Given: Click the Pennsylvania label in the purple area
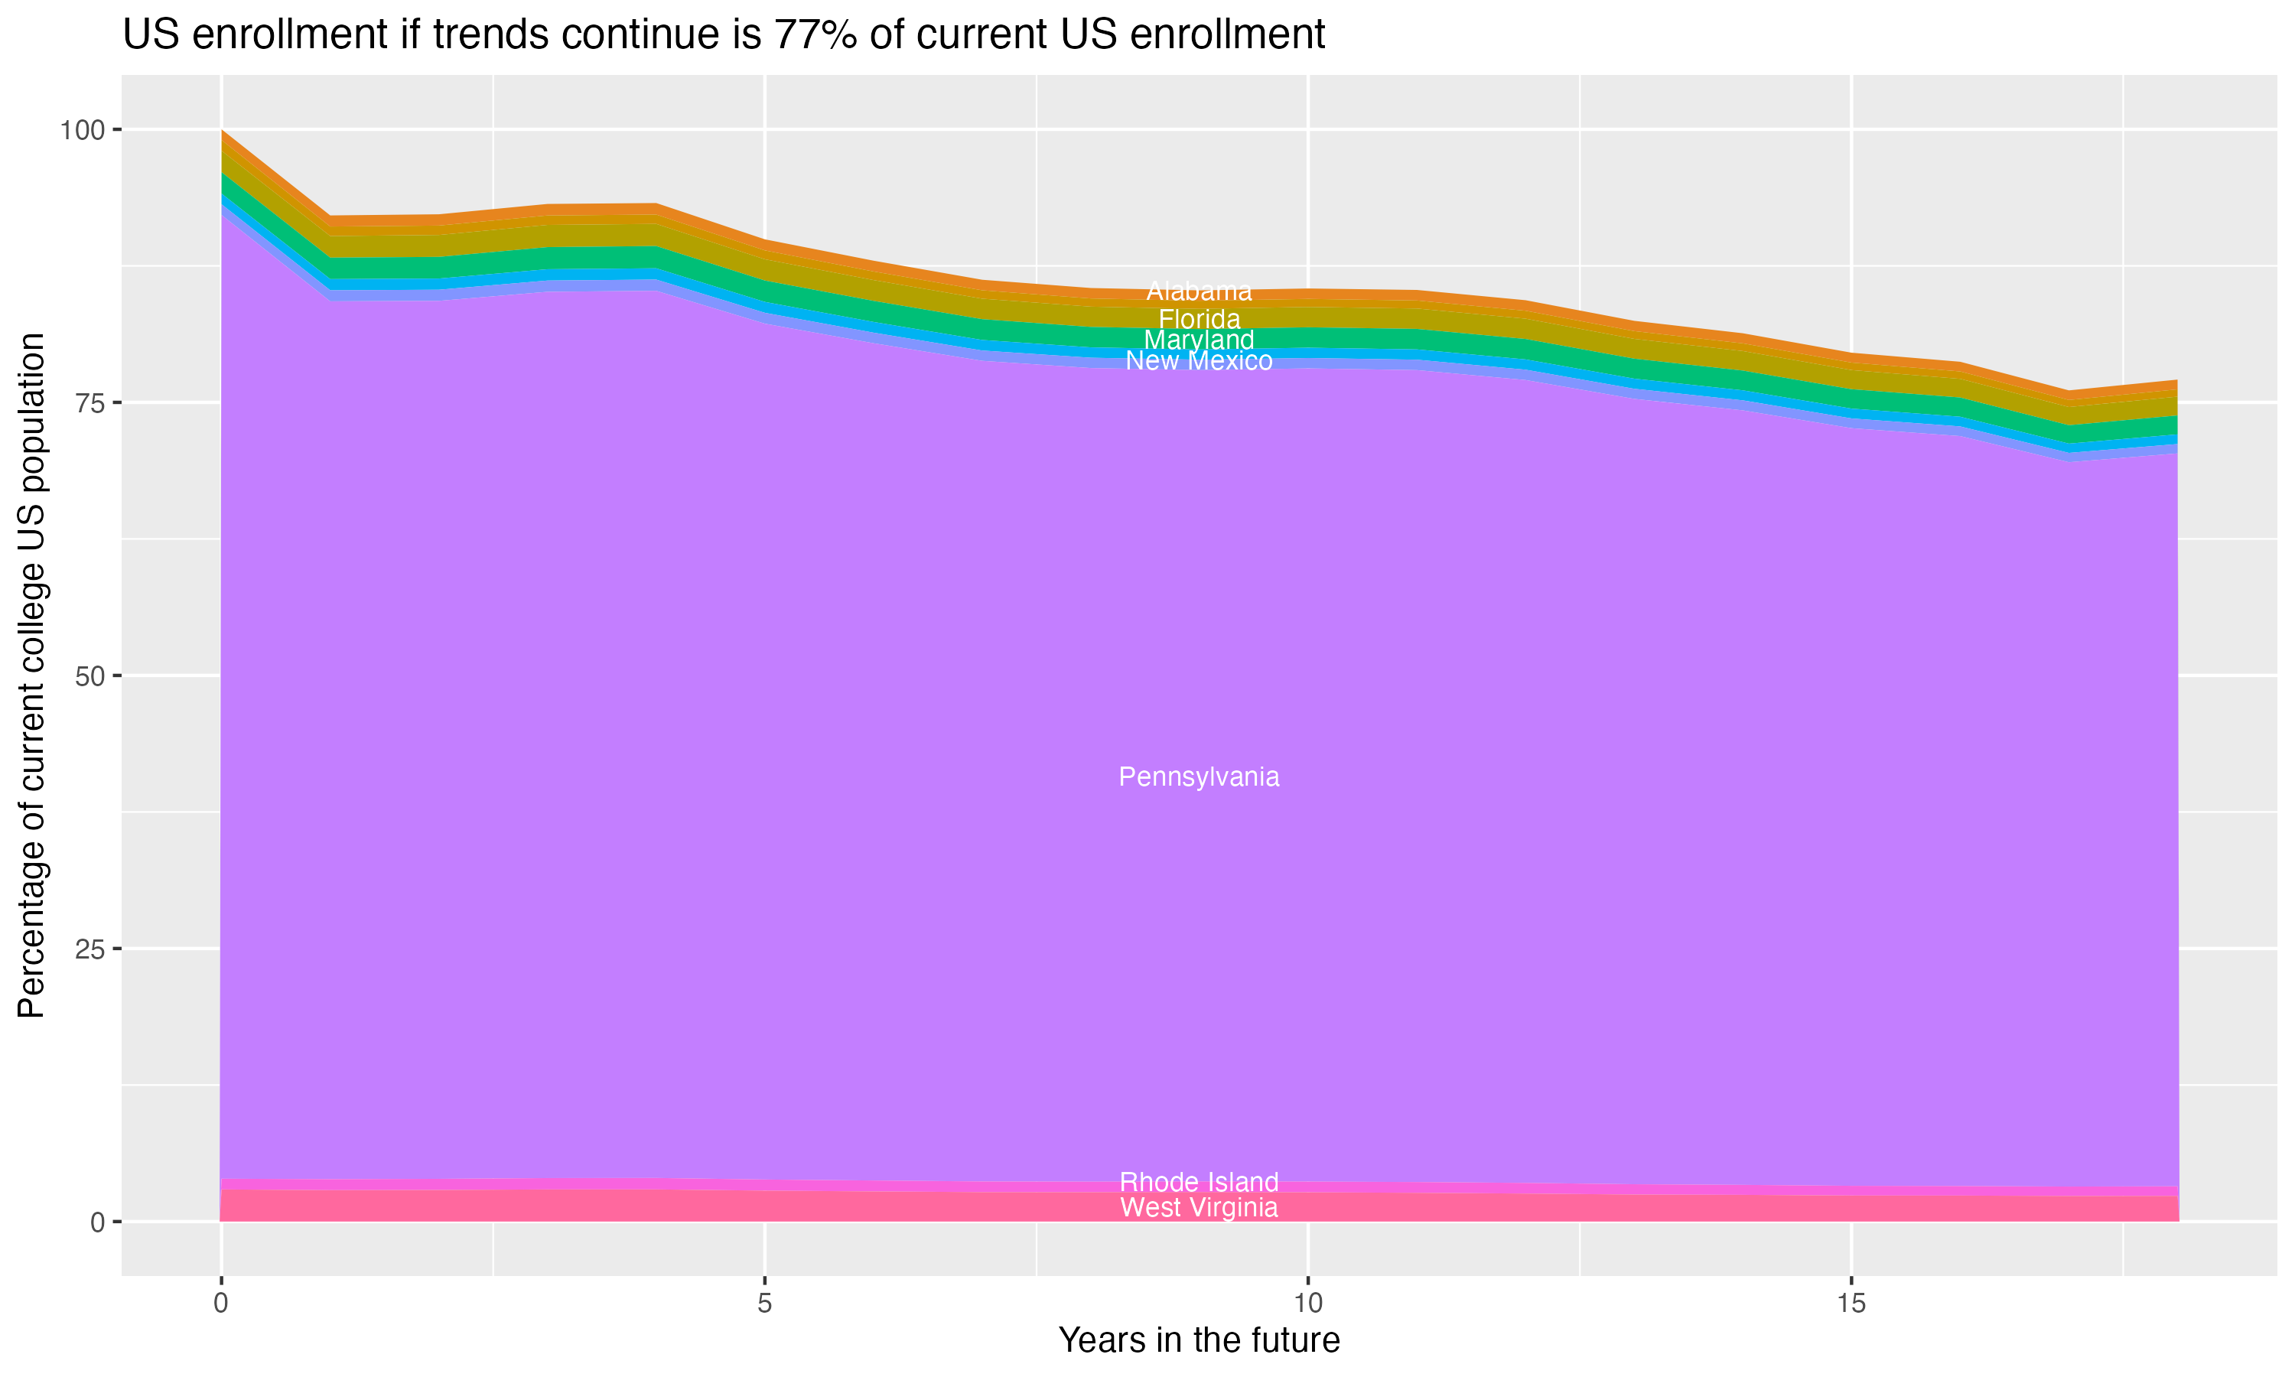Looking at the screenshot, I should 1199,776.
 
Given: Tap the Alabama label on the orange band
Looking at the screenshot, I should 1199,291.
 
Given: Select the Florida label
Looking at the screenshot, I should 1199,319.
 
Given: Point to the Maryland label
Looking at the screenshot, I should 1199,340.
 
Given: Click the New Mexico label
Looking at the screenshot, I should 1199,361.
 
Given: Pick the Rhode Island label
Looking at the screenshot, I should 1199,1182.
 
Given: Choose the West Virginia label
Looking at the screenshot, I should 1199,1207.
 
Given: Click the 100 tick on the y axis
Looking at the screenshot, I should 83,130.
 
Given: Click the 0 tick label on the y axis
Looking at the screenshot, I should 97,1222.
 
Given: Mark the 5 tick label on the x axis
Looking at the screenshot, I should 764,1304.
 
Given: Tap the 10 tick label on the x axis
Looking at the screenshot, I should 1308,1304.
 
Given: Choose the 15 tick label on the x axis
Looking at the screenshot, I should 1851,1304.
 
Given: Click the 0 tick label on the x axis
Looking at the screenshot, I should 221,1304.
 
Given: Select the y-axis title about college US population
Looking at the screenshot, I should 32,675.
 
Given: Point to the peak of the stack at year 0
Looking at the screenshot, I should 222,131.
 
